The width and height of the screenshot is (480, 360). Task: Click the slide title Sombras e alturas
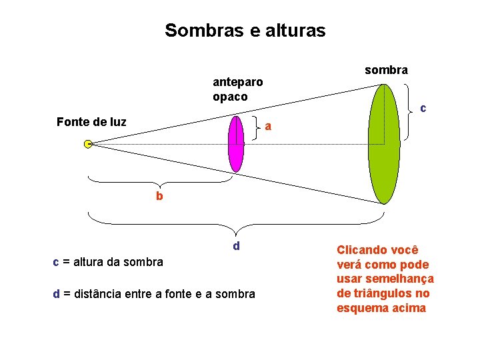[245, 31]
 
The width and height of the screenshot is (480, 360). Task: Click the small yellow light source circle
[88, 143]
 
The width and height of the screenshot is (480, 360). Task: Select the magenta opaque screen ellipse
[236, 143]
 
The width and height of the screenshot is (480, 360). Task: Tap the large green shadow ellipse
[384, 143]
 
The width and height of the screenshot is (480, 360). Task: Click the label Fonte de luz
[91, 122]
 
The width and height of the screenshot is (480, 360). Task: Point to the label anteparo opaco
[237, 89]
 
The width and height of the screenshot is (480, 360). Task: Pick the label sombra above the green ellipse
[387, 70]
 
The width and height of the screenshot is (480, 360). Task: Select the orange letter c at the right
[423, 108]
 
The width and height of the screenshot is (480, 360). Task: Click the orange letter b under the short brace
[159, 197]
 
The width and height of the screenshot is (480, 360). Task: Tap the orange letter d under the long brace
[236, 246]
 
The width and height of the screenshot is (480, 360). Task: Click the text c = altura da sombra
[108, 262]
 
